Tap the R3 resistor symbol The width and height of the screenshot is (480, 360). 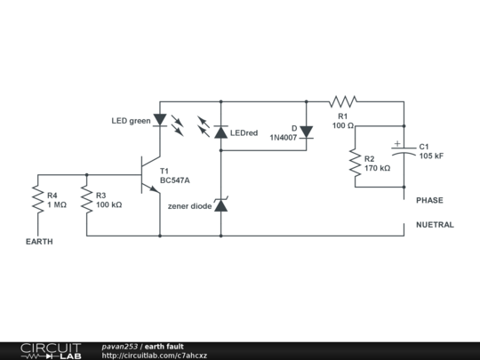coord(87,200)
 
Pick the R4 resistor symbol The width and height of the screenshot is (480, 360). coord(38,200)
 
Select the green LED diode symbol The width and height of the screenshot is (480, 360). coord(161,119)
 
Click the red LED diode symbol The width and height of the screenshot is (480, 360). coord(220,132)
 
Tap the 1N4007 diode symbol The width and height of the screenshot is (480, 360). coord(307,132)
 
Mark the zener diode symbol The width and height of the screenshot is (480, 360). coord(220,205)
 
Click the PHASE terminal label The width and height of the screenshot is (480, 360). coord(429,201)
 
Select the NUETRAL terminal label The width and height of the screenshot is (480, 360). coord(435,225)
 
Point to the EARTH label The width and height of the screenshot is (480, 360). coord(38,242)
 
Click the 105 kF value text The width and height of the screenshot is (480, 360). coord(431,156)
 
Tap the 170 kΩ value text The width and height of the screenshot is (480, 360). coord(377,168)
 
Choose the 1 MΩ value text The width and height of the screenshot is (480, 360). coord(58,204)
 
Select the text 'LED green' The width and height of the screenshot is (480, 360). coord(131,121)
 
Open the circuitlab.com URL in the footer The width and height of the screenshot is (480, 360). coord(155,356)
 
